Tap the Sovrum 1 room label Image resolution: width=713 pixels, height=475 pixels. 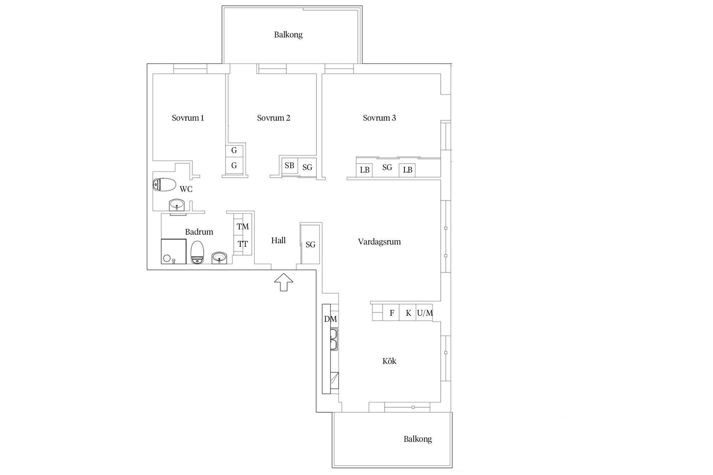188,118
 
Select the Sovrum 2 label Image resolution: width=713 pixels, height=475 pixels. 273,118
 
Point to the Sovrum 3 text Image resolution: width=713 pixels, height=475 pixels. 379,118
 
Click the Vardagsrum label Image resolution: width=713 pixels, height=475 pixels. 379,242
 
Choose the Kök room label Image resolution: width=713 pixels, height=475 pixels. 389,361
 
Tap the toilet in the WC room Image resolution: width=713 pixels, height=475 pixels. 164,184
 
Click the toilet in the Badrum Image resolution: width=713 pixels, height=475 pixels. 197,252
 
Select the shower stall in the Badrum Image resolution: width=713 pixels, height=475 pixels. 173,252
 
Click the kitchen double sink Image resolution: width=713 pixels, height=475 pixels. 333,339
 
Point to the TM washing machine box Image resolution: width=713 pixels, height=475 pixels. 243,226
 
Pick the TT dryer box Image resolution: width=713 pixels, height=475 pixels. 243,244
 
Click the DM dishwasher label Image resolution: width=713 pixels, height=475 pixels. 331,319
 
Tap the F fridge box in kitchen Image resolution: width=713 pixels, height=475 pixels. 391,313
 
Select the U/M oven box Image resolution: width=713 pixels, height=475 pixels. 424,313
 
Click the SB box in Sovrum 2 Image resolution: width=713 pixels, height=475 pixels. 289,166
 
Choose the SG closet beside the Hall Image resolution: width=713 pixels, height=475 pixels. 310,245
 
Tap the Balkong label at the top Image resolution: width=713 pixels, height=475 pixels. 288,35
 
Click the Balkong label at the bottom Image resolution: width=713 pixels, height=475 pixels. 417,439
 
